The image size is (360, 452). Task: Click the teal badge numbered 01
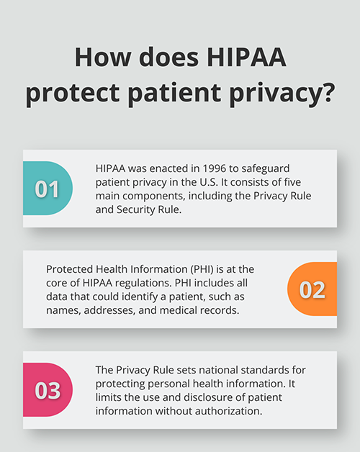[48, 189]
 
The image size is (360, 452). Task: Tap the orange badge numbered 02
[312, 289]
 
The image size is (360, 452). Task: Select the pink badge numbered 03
[48, 389]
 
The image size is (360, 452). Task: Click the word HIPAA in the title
[247, 57]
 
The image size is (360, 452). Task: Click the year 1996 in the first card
[214, 168]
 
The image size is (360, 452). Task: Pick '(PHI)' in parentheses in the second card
[202, 269]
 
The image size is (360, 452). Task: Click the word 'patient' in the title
[174, 93]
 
